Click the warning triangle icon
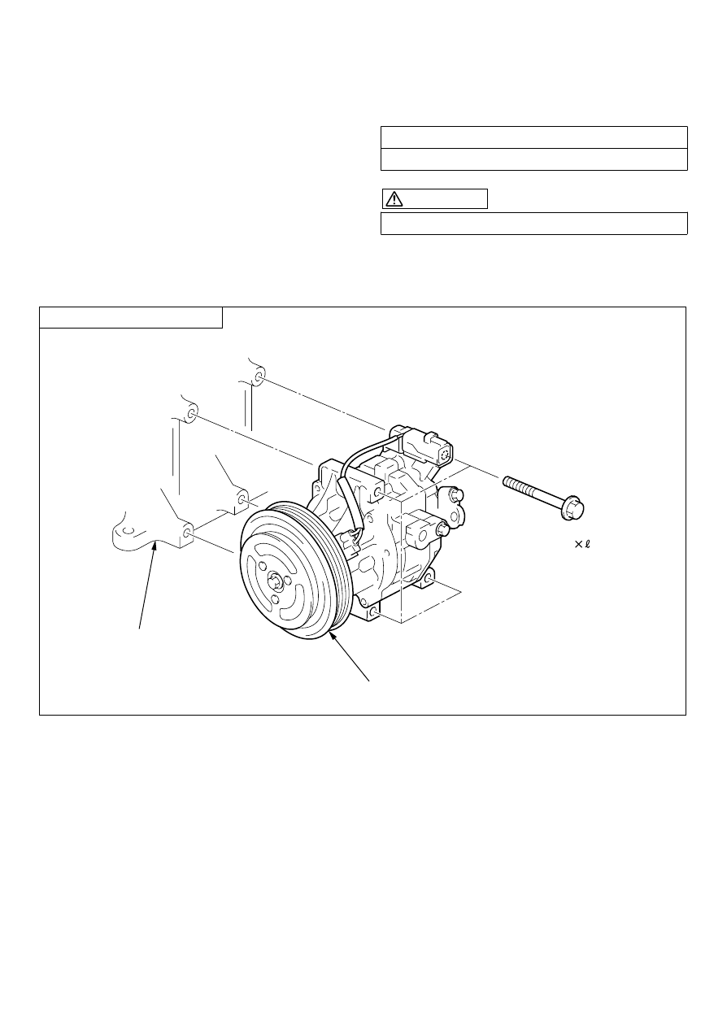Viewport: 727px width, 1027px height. [394, 199]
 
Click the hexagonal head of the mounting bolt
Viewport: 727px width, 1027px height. [573, 507]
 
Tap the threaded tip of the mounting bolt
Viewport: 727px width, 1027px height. [506, 481]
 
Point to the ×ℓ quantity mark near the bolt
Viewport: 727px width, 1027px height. [582, 544]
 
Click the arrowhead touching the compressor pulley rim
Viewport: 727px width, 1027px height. [333, 636]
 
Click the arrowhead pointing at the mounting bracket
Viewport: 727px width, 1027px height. [156, 545]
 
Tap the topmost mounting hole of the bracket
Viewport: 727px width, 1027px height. [258, 378]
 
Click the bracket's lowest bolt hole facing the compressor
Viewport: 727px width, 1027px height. [188, 533]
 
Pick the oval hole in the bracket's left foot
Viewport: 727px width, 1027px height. [128, 531]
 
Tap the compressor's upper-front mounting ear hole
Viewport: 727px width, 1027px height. [377, 494]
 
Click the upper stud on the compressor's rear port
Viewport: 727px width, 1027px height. [456, 494]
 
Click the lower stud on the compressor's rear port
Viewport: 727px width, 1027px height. [442, 529]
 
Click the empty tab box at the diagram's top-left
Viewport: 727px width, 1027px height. [131, 318]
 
